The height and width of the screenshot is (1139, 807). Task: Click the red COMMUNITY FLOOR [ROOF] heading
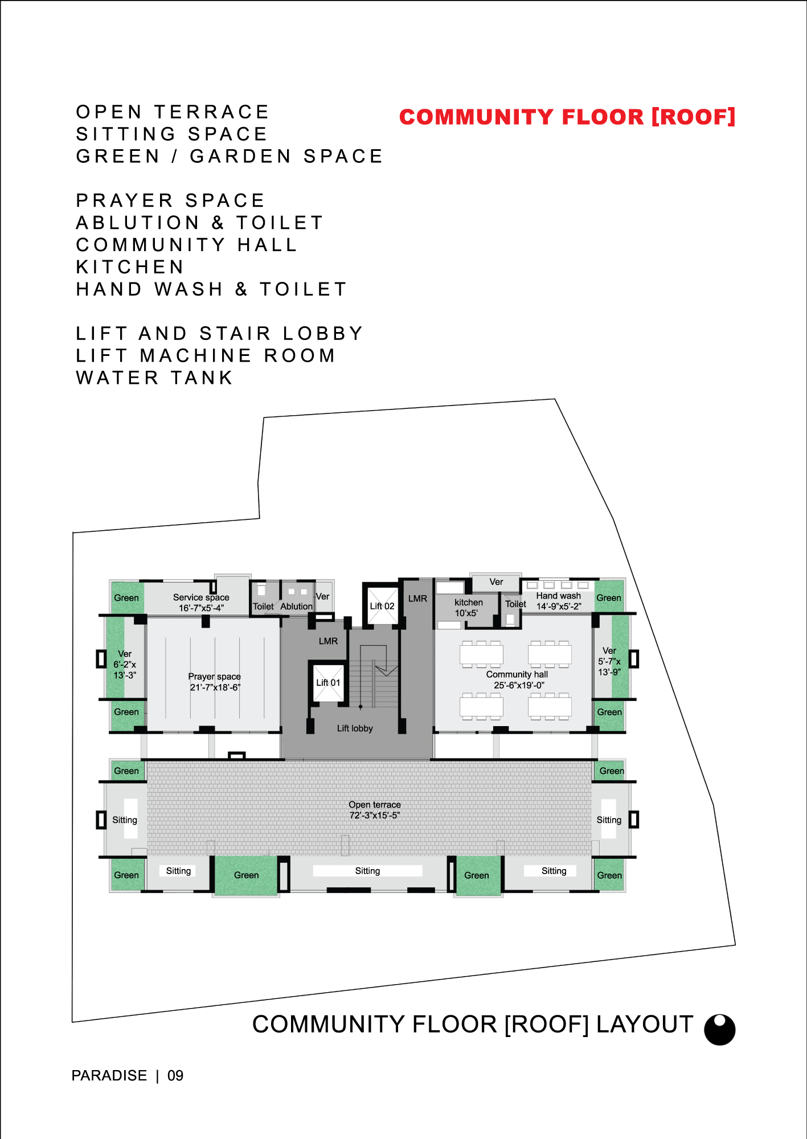point(567,117)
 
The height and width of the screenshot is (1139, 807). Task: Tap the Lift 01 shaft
point(329,682)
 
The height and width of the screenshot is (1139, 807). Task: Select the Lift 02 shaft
point(382,605)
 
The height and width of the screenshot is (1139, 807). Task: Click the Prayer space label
point(215,677)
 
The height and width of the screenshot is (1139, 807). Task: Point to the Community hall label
point(517,674)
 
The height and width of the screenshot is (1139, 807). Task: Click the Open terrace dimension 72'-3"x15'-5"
point(375,816)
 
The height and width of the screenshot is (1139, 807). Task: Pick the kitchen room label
point(469,603)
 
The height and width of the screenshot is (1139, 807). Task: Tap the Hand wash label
point(559,596)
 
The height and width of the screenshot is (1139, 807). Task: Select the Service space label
point(201,597)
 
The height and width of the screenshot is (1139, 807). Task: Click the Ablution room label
point(297,607)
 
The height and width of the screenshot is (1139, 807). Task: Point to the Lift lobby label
point(355,728)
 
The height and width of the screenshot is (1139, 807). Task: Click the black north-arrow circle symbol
point(720,1030)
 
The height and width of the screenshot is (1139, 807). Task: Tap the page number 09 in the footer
point(175,1076)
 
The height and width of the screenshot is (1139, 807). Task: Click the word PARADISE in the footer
point(109,1076)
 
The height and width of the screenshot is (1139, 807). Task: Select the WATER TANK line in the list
point(154,378)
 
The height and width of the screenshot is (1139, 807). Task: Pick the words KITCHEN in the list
point(130,267)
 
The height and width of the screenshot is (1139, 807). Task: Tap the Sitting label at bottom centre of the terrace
point(367,871)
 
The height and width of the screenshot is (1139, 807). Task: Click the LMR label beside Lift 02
point(417,599)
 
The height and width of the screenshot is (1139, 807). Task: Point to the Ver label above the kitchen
point(496,582)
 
